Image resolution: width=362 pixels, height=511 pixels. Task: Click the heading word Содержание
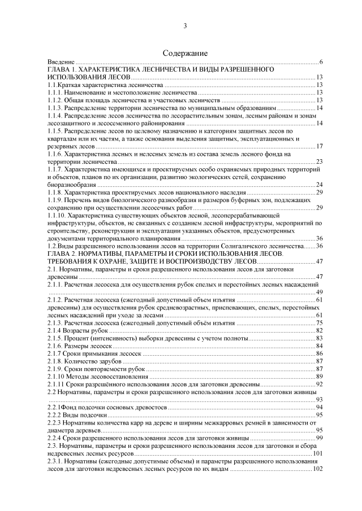point(185,53)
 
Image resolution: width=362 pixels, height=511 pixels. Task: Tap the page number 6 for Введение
point(320,62)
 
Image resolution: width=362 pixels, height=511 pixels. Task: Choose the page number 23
point(319,161)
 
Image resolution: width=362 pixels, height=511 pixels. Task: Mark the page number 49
point(319,292)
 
